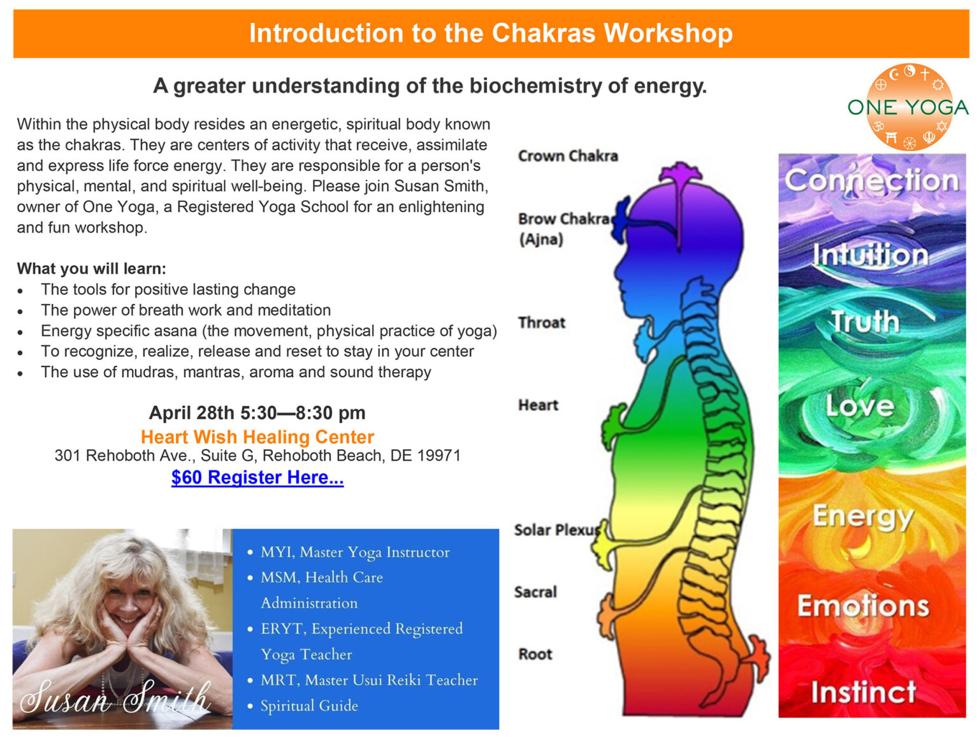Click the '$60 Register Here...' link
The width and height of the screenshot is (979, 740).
(257, 477)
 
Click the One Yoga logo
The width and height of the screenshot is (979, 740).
(908, 107)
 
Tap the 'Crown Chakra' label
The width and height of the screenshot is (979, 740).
(567, 156)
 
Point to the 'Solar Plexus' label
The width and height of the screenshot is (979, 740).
(557, 530)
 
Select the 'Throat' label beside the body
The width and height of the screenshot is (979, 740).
(541, 323)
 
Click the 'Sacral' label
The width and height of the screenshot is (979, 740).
(535, 592)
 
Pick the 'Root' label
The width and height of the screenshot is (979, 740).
(535, 654)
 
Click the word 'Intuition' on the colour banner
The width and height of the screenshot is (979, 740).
(871, 255)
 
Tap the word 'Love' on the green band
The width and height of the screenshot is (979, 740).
(860, 406)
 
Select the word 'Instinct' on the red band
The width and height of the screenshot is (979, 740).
(863, 692)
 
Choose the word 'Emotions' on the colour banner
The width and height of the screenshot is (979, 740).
(863, 606)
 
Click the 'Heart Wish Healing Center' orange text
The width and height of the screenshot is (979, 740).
(257, 437)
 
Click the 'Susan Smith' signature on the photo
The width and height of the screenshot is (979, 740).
(115, 698)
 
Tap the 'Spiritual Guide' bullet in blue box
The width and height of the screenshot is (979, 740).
(309, 706)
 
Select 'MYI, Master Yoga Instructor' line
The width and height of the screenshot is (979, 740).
(355, 552)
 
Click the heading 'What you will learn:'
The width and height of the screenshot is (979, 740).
(91, 268)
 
